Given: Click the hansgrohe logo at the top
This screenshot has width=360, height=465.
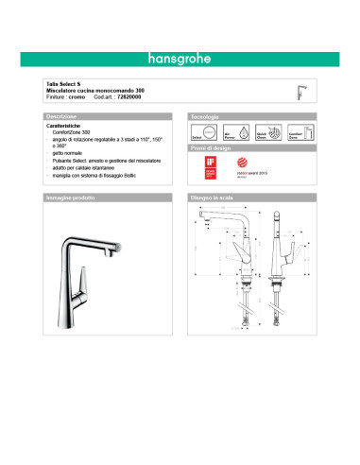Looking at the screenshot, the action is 180,57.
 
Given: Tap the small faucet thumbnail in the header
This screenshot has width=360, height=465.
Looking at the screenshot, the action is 303,91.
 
